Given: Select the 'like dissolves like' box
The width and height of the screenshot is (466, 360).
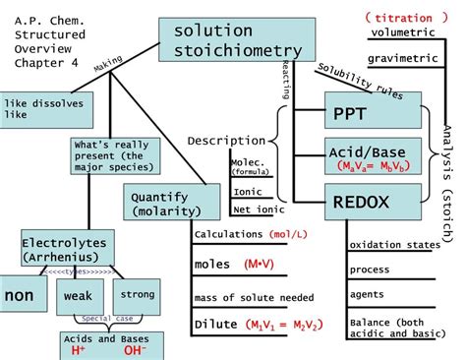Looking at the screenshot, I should pyautogui.click(x=32, y=109).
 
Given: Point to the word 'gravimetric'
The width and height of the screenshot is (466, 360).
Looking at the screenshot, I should pyautogui.click(x=403, y=59).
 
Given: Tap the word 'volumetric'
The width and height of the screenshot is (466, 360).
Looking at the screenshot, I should pyautogui.click(x=402, y=34).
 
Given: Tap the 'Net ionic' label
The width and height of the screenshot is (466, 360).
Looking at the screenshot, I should pyautogui.click(x=254, y=209).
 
